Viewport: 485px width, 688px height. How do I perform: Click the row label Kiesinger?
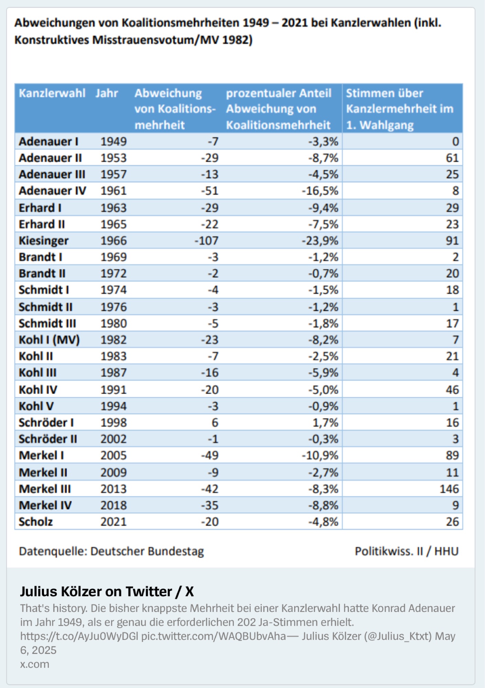[44, 241]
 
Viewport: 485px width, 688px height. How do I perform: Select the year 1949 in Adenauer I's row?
[113, 141]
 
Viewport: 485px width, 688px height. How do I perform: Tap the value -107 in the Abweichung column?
[207, 241]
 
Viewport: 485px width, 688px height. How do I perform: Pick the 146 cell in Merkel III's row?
[449, 489]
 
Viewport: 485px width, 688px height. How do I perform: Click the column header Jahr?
[107, 93]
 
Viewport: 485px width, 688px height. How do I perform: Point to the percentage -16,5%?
[320, 191]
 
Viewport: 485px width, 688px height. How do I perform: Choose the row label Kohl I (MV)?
[49, 340]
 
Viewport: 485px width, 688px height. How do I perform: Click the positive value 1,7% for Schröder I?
[326, 423]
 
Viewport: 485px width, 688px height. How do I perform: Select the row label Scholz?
[36, 522]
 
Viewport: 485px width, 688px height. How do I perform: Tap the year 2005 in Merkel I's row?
[113, 455]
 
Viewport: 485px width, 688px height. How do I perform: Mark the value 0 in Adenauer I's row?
[455, 141]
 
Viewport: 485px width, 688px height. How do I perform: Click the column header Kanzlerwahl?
[52, 93]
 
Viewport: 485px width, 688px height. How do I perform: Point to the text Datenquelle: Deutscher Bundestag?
[111, 551]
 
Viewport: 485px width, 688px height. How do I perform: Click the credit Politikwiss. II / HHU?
[407, 551]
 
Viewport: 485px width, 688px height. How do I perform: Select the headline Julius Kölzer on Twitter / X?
[107, 592]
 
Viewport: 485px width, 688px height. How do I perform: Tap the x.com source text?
[34, 664]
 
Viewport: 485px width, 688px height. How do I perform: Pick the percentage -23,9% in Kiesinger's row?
[320, 241]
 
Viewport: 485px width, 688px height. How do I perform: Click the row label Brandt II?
[42, 274]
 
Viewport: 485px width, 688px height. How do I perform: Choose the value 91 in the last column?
[452, 241]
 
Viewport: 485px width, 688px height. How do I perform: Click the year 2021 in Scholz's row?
[113, 522]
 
